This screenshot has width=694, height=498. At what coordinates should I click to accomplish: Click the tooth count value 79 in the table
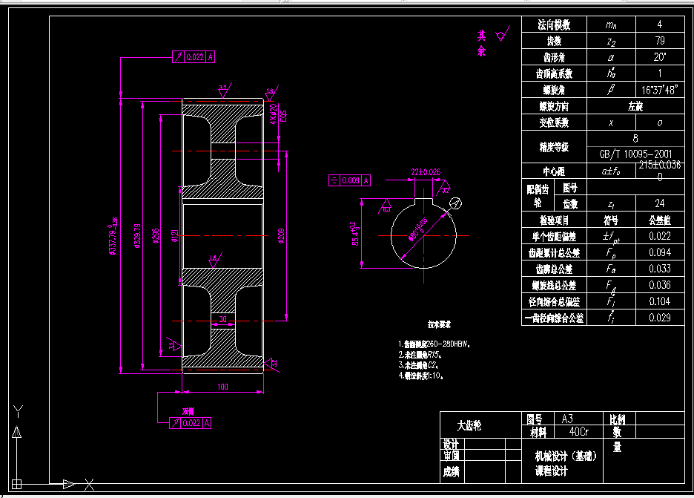(x=659, y=41)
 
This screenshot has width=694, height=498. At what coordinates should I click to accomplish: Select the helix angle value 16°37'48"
(x=659, y=90)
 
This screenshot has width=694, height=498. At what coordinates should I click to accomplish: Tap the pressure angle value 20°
(x=659, y=57)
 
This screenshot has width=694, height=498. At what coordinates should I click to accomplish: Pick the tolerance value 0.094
(x=659, y=252)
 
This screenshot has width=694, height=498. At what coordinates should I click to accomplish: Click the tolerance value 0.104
(x=659, y=301)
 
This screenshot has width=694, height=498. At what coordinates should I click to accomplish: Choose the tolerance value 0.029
(x=659, y=318)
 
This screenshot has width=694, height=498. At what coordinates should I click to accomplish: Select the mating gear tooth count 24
(x=659, y=203)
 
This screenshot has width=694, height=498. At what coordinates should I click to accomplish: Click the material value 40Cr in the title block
(x=574, y=431)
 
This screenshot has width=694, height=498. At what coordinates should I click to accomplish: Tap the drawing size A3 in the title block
(x=568, y=419)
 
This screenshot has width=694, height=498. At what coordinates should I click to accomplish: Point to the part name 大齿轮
(x=469, y=426)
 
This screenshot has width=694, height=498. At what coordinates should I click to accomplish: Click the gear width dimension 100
(x=222, y=387)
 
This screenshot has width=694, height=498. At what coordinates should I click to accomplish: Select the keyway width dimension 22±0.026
(x=426, y=172)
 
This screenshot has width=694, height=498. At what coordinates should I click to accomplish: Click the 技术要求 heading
(x=439, y=324)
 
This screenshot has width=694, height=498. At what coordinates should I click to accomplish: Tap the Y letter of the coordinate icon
(x=20, y=411)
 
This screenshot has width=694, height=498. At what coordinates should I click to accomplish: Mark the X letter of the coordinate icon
(x=90, y=485)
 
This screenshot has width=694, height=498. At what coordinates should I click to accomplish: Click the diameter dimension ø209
(x=281, y=235)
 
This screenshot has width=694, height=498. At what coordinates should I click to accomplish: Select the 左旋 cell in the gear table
(x=635, y=106)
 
